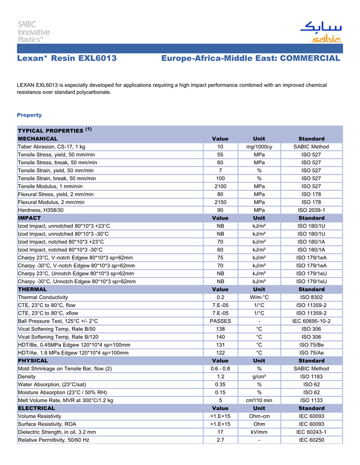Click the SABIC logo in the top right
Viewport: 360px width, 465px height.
[x=320, y=31]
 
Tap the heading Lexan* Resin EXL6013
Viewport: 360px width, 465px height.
[x=67, y=59]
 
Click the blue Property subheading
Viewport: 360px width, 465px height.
[x=29, y=115]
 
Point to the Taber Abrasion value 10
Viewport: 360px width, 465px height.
[x=220, y=147]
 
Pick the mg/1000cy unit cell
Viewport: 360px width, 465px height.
[x=259, y=147]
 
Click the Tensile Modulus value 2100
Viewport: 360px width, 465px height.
[x=220, y=186]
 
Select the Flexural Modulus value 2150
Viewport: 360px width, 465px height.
[x=220, y=202]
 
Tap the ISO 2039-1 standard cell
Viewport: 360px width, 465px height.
[x=311, y=210]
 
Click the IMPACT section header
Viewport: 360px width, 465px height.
[x=30, y=218]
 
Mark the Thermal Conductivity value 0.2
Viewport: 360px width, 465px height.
[x=220, y=297]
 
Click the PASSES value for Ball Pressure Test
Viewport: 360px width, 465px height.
[x=220, y=321]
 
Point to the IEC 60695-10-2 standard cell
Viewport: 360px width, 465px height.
[x=311, y=321]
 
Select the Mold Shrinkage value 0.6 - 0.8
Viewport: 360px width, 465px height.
[x=220, y=369]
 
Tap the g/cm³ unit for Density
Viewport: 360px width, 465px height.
[x=259, y=377]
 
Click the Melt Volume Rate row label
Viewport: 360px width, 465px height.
[x=65, y=400]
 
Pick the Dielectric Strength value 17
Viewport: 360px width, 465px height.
[x=220, y=432]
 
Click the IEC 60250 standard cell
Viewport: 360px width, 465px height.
[x=311, y=440]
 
